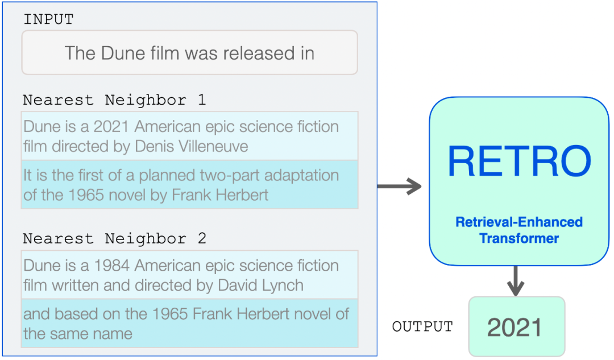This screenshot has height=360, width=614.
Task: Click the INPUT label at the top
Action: coord(48,19)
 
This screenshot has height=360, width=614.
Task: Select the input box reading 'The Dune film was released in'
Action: coord(189,53)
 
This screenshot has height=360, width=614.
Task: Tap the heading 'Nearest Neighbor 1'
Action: coord(114,100)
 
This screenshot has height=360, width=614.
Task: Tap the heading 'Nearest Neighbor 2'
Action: coord(114,239)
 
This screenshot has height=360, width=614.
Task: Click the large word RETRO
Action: coord(518,161)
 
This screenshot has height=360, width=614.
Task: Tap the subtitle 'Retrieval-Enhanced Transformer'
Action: coord(518,230)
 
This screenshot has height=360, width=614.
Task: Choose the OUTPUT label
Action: coord(422,327)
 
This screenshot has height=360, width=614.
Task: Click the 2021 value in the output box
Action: coord(515,328)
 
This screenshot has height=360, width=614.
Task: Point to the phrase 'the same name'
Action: coord(77,333)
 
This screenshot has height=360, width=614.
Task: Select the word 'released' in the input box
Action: coord(253,53)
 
